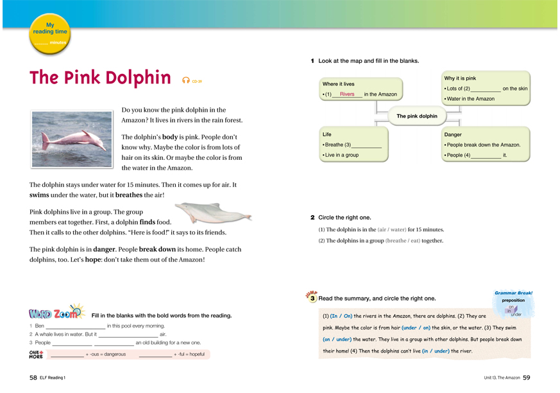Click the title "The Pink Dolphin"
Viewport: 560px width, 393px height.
coord(100,78)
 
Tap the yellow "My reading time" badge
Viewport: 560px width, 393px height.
coord(51,35)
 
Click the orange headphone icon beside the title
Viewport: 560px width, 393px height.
coord(186,80)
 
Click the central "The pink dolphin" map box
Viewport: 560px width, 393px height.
coord(417,116)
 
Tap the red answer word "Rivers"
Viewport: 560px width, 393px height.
coord(347,94)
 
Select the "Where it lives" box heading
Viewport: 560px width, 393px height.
coord(338,84)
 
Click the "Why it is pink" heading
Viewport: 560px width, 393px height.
coord(460,78)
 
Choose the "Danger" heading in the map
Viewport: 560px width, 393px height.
coord(453,135)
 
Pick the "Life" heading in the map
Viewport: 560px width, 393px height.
coord(327,135)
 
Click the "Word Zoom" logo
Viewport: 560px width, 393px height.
coord(56,313)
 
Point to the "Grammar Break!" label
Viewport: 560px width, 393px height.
coord(513,293)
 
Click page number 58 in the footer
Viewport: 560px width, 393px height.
coord(33,378)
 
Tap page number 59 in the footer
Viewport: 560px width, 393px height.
coord(527,378)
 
